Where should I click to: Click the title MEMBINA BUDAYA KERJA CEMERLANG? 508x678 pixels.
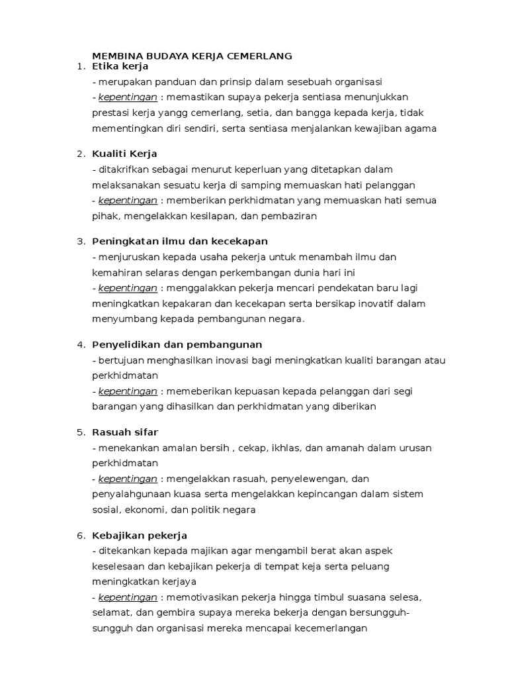[x=192, y=56]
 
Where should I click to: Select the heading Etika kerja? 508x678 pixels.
[x=120, y=67]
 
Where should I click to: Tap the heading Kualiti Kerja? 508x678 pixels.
[x=125, y=154]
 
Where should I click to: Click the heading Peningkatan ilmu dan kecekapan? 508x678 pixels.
[x=180, y=241]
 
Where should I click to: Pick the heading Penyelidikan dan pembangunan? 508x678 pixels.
[x=177, y=344]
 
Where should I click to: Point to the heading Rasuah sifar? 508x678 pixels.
[x=126, y=432]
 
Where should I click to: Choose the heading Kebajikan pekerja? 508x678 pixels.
[x=140, y=535]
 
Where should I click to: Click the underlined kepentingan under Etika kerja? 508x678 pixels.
[x=128, y=98]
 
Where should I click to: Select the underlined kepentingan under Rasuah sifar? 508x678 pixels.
[x=128, y=479]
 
